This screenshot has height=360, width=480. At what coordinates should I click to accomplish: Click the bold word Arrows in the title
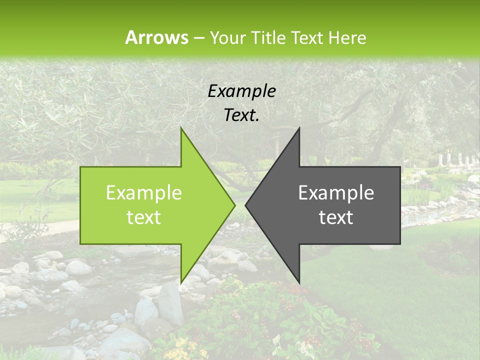tap(156, 37)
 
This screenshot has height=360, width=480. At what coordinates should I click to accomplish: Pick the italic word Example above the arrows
tap(242, 91)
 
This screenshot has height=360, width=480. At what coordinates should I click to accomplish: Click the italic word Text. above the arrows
tap(242, 115)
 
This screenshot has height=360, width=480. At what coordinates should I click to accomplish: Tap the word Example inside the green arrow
tap(144, 193)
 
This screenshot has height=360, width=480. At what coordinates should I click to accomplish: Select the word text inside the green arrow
tap(144, 217)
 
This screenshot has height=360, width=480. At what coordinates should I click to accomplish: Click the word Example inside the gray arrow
tap(336, 193)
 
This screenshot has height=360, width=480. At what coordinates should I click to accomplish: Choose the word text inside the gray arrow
tap(336, 217)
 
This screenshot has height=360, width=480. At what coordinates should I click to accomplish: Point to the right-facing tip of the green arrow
tap(234, 205)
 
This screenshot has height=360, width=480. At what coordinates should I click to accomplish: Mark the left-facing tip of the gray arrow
tap(246, 205)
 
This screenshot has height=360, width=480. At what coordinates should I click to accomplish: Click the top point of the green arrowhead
tap(181, 128)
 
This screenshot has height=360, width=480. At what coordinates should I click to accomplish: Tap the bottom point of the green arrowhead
tap(181, 282)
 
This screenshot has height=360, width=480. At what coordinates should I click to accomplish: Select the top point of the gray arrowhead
tap(299, 128)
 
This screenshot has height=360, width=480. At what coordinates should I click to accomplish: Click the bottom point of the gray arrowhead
tap(299, 282)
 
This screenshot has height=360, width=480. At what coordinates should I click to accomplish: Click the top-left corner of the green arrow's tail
tap(80, 167)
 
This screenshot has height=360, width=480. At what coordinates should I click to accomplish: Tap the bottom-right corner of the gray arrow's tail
tap(400, 244)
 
